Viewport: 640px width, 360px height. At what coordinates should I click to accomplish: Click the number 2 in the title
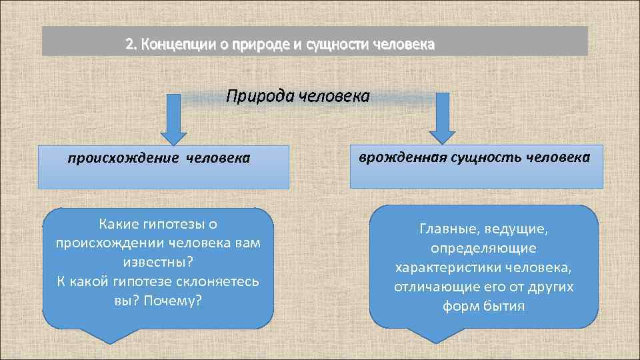(129, 45)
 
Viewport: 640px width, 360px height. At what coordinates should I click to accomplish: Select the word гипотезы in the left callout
(177, 225)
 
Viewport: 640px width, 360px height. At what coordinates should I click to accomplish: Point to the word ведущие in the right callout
(518, 229)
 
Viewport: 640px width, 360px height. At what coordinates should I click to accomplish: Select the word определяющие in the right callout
(483, 249)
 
